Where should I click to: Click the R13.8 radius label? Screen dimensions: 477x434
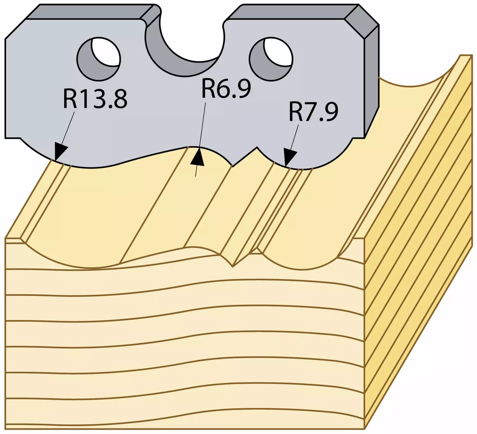tap(95, 99)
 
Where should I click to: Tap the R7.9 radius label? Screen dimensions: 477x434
tap(314, 112)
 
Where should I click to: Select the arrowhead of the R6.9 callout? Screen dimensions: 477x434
tap(197, 157)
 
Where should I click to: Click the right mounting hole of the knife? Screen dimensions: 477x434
tap(271, 59)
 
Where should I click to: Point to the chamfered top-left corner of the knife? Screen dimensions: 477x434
tap(15, 29)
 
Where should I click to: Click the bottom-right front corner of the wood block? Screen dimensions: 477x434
tap(365, 429)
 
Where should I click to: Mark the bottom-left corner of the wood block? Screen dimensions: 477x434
tap(5, 429)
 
